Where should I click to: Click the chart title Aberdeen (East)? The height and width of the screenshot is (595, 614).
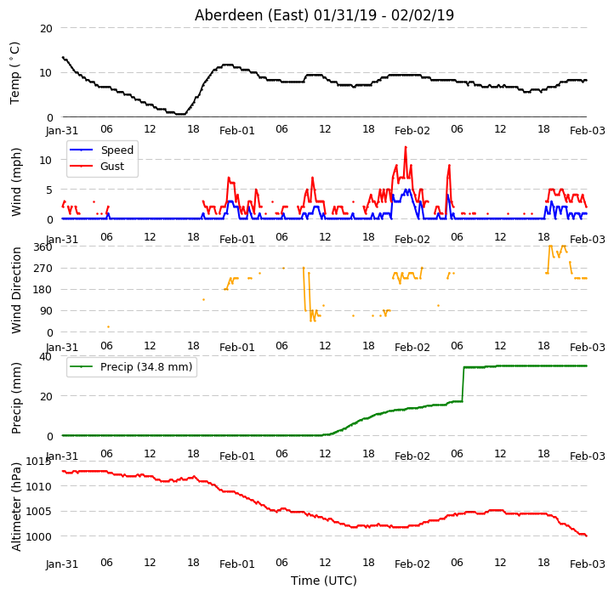click(252, 15)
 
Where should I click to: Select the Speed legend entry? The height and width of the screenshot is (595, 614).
click(101, 150)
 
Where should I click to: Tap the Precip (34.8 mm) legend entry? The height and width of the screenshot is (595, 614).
click(131, 367)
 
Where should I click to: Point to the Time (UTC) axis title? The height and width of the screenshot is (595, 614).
click(324, 581)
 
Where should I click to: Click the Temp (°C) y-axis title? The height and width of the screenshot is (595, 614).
click(14, 73)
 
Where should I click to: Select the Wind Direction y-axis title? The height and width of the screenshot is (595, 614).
click(16, 290)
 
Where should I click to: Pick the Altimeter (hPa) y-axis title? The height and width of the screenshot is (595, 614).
click(16, 507)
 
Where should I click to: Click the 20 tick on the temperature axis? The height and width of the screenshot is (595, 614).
click(46, 29)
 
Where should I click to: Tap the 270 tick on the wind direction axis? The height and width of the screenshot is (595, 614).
click(43, 269)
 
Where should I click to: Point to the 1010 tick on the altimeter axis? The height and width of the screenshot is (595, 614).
click(39, 486)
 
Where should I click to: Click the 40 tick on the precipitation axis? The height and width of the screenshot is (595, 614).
click(45, 357)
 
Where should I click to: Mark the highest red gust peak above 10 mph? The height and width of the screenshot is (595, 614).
click(406, 147)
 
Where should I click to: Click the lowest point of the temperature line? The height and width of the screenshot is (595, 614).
click(180, 114)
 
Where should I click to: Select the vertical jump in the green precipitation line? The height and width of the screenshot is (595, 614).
click(463, 384)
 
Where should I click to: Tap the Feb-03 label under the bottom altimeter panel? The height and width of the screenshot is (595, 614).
click(588, 564)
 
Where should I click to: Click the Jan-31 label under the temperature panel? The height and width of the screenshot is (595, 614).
click(62, 130)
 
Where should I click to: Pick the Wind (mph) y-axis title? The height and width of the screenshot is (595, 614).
click(16, 182)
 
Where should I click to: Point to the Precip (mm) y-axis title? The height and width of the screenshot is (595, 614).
click(16, 398)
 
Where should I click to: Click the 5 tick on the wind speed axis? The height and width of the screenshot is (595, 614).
click(49, 190)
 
